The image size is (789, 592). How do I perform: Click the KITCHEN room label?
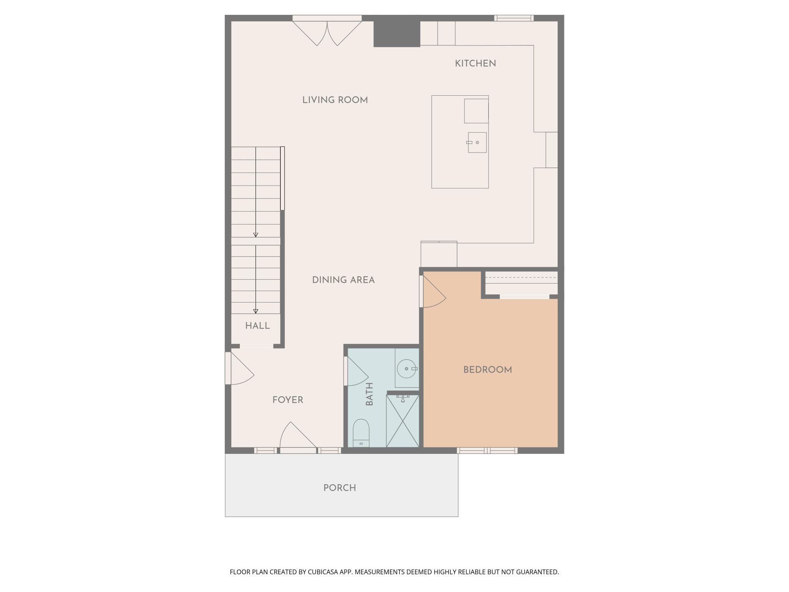475,63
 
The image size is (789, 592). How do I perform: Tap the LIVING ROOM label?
335,100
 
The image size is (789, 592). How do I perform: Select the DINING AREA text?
343,280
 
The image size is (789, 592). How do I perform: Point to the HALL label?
258,326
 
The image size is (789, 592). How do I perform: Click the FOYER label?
288,400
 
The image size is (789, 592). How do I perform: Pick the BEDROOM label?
487,370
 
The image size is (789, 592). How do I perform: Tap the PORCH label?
339,488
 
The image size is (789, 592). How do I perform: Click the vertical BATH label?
369,394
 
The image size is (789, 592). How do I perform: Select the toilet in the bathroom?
361,432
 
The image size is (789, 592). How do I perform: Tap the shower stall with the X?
402,421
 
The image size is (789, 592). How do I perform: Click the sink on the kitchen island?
477,142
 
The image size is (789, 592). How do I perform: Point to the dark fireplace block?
397,34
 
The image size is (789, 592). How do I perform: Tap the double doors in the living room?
327,32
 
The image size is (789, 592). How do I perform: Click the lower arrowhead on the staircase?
256,311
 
